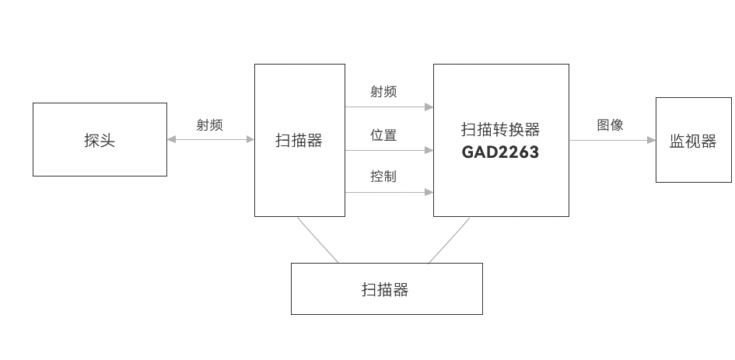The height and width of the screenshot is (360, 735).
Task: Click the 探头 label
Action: (100, 141)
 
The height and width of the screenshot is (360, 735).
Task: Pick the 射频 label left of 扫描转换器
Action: (383, 92)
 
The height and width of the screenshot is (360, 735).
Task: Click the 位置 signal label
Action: (383, 135)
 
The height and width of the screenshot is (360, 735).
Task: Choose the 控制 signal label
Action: (383, 176)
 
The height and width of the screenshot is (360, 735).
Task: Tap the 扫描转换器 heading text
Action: (500, 130)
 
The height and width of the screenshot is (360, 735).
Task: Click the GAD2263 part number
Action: (500, 152)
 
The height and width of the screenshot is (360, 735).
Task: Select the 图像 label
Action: (610, 124)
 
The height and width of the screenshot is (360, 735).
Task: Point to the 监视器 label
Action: (692, 142)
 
